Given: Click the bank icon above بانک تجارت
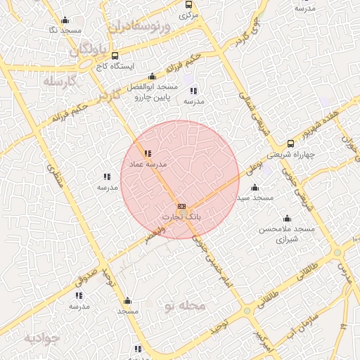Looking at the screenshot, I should [x=182, y=206].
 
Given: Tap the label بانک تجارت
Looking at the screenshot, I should [x=182, y=217].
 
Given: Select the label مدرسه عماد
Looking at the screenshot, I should [x=147, y=164].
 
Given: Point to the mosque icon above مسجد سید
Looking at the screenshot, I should [x=255, y=188].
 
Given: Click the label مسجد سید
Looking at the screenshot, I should [x=255, y=198].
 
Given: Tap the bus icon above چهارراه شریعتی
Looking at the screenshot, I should [x=290, y=144].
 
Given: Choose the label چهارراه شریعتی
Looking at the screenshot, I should [x=290, y=155].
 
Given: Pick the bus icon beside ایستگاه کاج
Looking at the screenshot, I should [x=115, y=56].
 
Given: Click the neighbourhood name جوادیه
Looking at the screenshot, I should [x=42, y=338].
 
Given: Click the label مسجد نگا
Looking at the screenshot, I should [x=65, y=31].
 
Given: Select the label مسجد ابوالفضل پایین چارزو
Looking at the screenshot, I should [x=151, y=91].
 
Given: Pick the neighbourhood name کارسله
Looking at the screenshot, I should [x=58, y=82].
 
